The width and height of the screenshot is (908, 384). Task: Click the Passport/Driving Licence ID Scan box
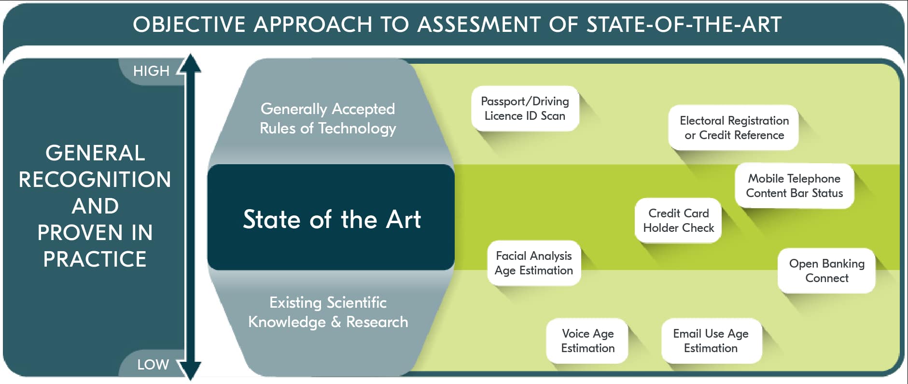point(525,109)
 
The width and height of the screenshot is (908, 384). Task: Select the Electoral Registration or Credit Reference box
point(734,128)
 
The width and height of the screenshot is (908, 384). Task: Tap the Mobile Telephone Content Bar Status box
point(794,186)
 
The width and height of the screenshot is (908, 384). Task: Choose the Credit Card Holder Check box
point(678,221)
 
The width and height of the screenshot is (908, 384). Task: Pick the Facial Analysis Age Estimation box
point(533,263)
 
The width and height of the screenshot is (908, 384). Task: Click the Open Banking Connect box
point(826,270)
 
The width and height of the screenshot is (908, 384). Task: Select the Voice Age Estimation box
point(587,341)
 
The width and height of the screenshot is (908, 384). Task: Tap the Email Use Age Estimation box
point(711,341)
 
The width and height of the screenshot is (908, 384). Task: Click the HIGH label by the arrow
point(151,71)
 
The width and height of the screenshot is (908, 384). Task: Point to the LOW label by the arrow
point(153,364)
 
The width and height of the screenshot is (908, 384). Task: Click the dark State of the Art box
point(331,219)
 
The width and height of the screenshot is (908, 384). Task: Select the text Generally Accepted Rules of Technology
point(328,118)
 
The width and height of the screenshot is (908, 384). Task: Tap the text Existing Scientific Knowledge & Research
point(328,312)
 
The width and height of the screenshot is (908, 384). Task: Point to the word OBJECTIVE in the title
point(189,25)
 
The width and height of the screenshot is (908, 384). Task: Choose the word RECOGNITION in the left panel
point(95,180)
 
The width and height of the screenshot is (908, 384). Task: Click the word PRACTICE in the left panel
point(95,259)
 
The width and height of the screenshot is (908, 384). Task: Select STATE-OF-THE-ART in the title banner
point(684,25)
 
